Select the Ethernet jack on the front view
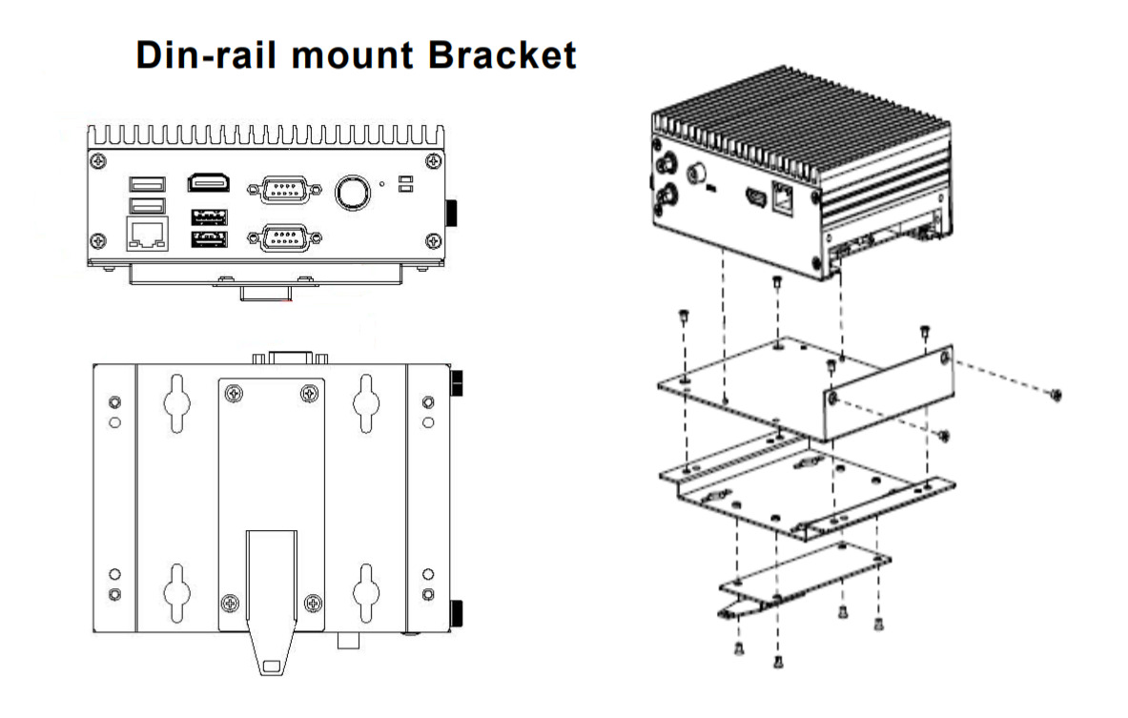145,235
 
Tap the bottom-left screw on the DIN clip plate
230,602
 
